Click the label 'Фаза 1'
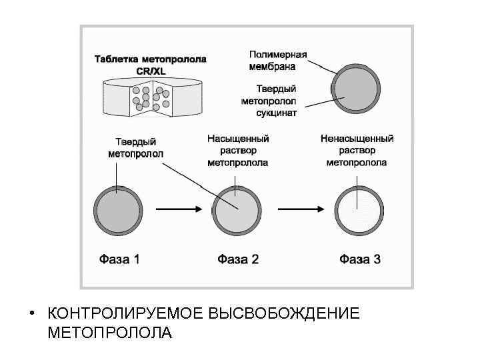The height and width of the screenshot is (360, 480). [119, 259]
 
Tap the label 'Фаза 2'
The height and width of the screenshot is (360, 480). [238, 259]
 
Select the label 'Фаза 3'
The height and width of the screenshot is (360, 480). [360, 259]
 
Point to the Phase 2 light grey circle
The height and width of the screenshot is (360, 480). [237, 209]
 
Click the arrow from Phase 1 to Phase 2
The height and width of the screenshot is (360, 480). [176, 209]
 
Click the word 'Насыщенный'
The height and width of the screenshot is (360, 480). [238, 139]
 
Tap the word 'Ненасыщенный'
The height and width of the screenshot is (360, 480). [357, 139]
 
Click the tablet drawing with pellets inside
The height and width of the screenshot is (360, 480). [151, 97]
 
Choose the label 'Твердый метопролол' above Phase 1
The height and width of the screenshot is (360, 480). [135, 147]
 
